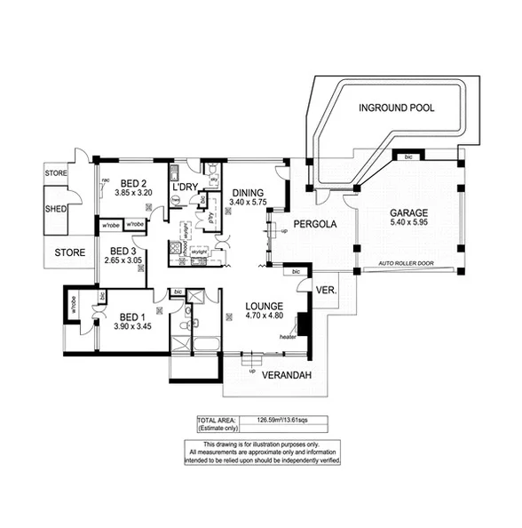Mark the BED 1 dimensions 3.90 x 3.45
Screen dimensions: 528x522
130,327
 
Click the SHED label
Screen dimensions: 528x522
57,210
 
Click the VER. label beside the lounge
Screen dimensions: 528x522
323,289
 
